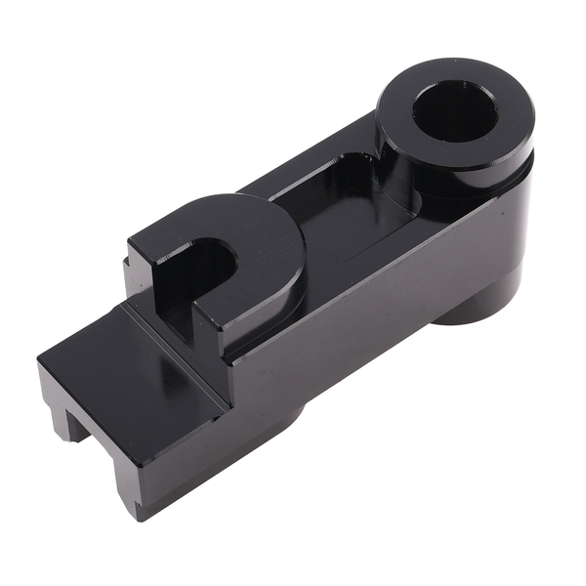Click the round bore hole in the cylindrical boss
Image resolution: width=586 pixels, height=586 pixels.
pyautogui.click(x=455, y=111)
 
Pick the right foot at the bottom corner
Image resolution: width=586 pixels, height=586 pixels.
pyautogui.click(x=132, y=493)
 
